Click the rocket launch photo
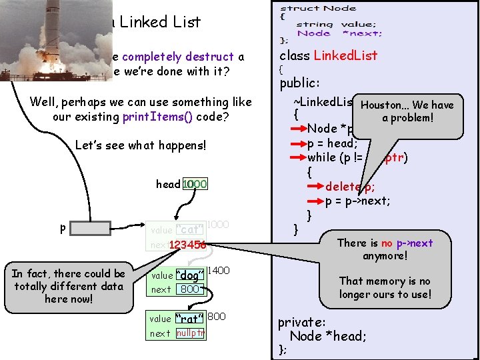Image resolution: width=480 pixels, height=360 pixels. [46, 40]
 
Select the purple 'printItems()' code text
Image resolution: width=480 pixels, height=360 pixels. [157, 117]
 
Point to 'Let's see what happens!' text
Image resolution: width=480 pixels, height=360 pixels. [141, 145]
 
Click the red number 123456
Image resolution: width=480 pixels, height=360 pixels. [187, 245]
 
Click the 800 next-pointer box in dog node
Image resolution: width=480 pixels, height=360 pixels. [190, 289]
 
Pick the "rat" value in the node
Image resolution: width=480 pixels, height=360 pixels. [189, 318]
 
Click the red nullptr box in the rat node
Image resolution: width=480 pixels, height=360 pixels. [190, 333]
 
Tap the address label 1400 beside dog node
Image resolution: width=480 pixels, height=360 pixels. [219, 271]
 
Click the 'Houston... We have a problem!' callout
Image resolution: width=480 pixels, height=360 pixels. [407, 111]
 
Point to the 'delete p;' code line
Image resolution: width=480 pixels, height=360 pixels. [349, 187]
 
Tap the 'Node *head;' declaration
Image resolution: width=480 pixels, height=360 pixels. [328, 336]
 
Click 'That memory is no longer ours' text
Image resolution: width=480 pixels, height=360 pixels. [385, 287]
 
